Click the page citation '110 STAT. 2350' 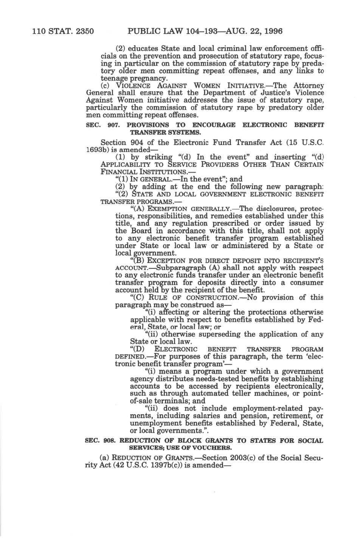coord(63,31)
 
